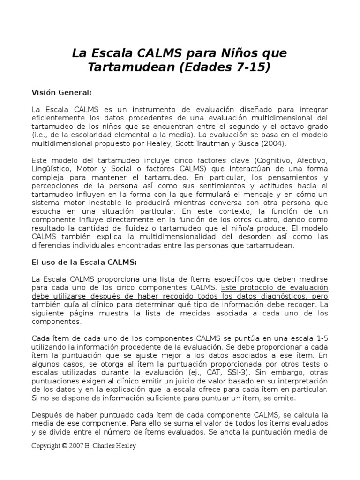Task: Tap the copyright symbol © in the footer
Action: [x=64, y=446]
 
